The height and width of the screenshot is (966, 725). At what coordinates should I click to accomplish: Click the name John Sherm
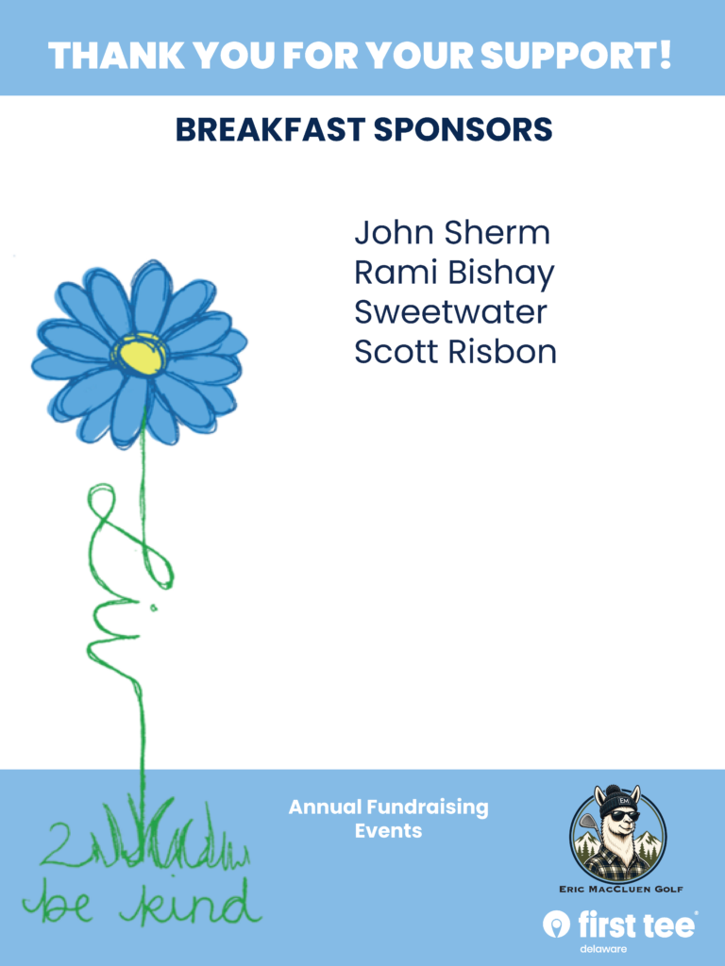(452, 233)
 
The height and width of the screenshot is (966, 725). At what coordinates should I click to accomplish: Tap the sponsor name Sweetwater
(450, 311)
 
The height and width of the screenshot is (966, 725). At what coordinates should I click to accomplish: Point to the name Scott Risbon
(456, 352)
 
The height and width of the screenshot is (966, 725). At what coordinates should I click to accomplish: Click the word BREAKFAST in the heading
(270, 129)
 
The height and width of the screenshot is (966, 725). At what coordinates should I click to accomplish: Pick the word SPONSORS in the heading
(463, 129)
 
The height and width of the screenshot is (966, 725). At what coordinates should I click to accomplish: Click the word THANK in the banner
(116, 56)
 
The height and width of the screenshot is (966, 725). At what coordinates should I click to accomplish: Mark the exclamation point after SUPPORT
(664, 54)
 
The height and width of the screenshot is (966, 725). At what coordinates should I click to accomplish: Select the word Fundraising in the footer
(428, 808)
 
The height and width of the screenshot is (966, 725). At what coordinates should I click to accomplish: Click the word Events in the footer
(388, 830)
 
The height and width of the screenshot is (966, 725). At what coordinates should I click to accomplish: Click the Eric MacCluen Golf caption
(621, 889)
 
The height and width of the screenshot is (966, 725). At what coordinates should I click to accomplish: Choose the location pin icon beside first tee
(556, 924)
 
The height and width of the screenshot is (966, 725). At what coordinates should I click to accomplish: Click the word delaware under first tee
(603, 949)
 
